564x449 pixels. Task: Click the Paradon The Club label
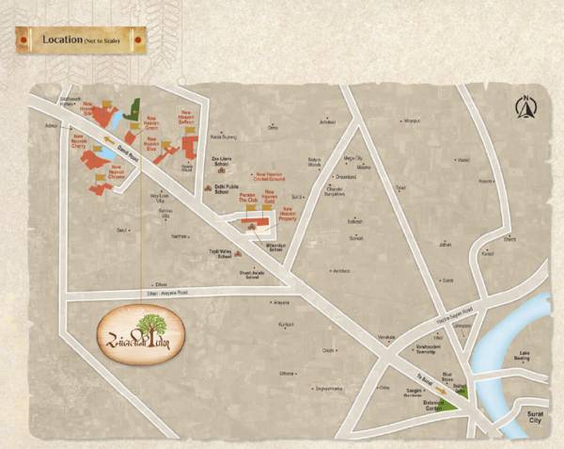coord(247,199)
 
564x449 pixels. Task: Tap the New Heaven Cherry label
coord(84,141)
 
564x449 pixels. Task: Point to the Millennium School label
coord(276,248)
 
